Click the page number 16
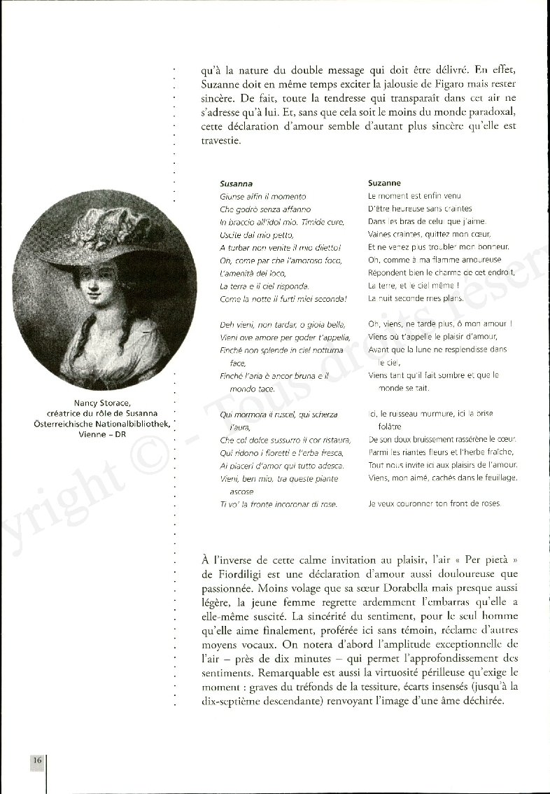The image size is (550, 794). pyautogui.click(x=37, y=761)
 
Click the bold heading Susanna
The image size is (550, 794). pyautogui.click(x=236, y=183)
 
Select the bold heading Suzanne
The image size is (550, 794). pyautogui.click(x=384, y=183)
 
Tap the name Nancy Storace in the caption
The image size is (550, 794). pyautogui.click(x=102, y=403)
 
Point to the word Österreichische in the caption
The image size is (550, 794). pyautogui.click(x=69, y=424)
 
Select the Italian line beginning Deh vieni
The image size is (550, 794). pyautogui.click(x=283, y=324)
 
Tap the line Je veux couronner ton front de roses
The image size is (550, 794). pyautogui.click(x=435, y=504)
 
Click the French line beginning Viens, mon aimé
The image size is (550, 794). pyautogui.click(x=442, y=478)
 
